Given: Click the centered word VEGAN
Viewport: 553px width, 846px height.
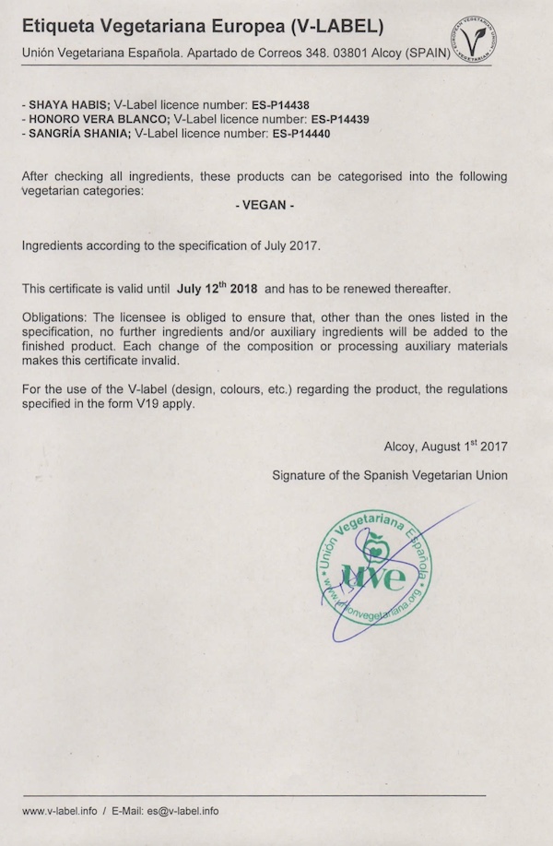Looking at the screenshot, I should [x=265, y=206].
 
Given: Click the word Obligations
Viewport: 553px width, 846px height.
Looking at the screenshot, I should [x=54, y=317].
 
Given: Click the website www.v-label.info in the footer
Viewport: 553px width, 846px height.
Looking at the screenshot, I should [x=59, y=811].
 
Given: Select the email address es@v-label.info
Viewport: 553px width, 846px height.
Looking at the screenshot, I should [x=179, y=811].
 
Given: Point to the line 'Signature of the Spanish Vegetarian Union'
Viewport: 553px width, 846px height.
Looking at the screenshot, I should [x=389, y=476].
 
